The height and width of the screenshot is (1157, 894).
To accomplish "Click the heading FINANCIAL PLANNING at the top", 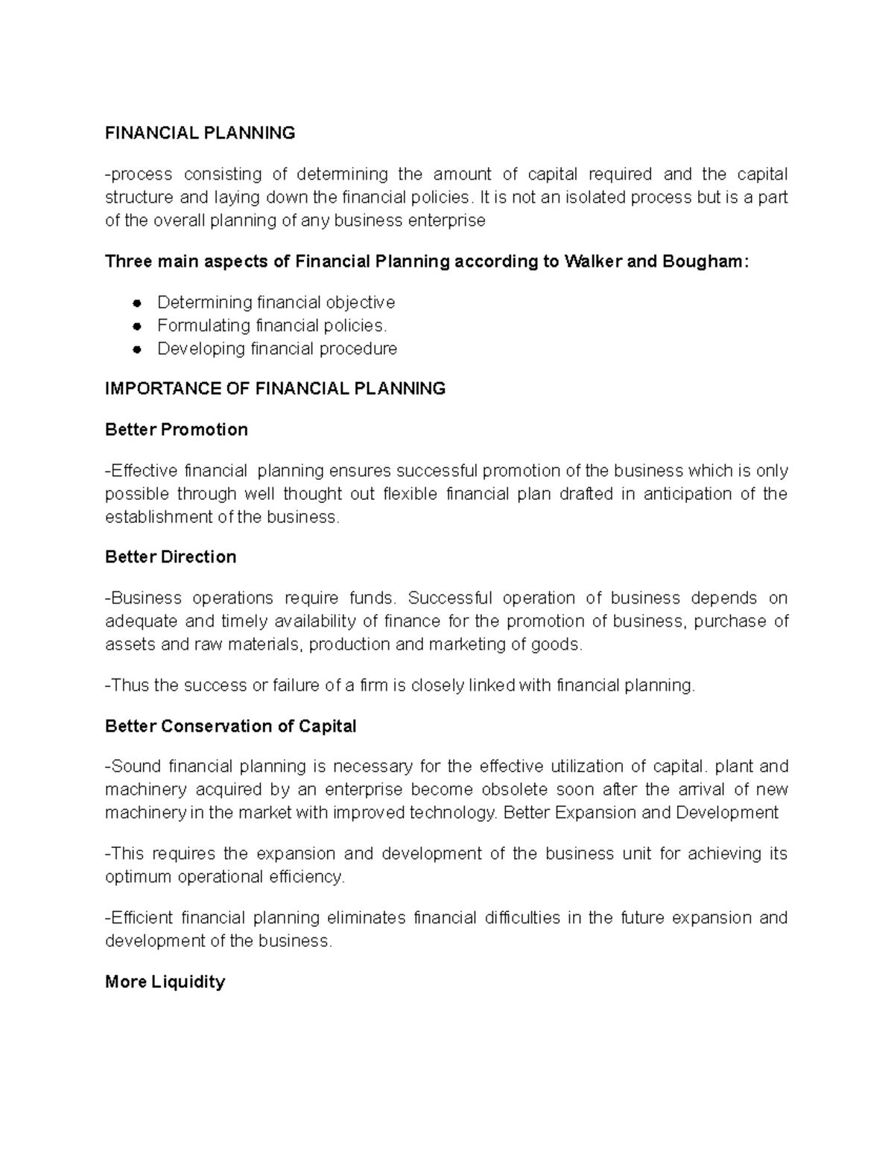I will pyautogui.click(x=200, y=133).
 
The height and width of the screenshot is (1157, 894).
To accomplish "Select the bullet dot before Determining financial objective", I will pyautogui.click(x=137, y=303).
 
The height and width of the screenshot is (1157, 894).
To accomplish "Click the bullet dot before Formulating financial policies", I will pyautogui.click(x=137, y=326).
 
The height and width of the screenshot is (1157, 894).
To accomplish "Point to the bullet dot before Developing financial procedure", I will pyautogui.click(x=137, y=349).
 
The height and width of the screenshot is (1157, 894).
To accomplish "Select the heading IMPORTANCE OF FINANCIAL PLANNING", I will pyautogui.click(x=275, y=389).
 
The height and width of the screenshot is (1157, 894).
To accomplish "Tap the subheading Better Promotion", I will pyautogui.click(x=177, y=430).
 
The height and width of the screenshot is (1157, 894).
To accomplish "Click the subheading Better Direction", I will pyautogui.click(x=171, y=557).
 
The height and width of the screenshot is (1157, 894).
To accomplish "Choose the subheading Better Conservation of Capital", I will pyautogui.click(x=231, y=726).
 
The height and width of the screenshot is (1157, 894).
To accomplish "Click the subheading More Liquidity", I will pyautogui.click(x=165, y=982).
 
